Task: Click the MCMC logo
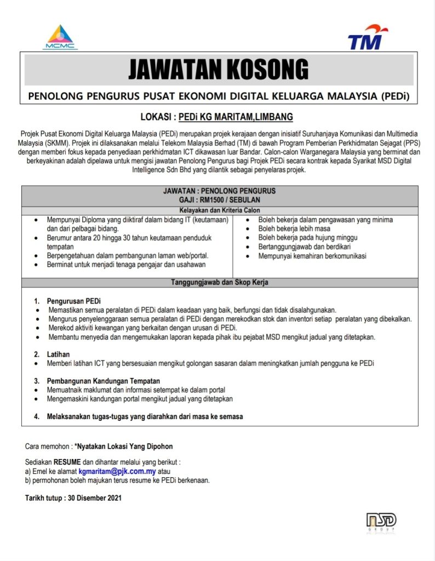60,37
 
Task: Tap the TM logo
368,37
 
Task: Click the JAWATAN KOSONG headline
219,70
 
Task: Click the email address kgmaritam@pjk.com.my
117,471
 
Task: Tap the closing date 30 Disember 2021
93,498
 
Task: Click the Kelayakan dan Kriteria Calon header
219,210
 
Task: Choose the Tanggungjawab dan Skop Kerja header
219,283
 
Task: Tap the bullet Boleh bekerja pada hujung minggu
308,237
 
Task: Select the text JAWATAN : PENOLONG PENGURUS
219,191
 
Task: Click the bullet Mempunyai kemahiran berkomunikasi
312,255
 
